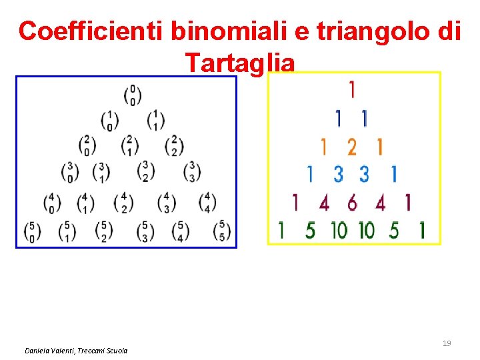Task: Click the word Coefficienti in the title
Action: [91, 31]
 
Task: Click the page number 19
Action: [447, 343]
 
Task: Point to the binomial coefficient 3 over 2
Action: [145, 171]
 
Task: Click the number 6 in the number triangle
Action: [351, 201]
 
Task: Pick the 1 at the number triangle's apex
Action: [351, 89]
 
